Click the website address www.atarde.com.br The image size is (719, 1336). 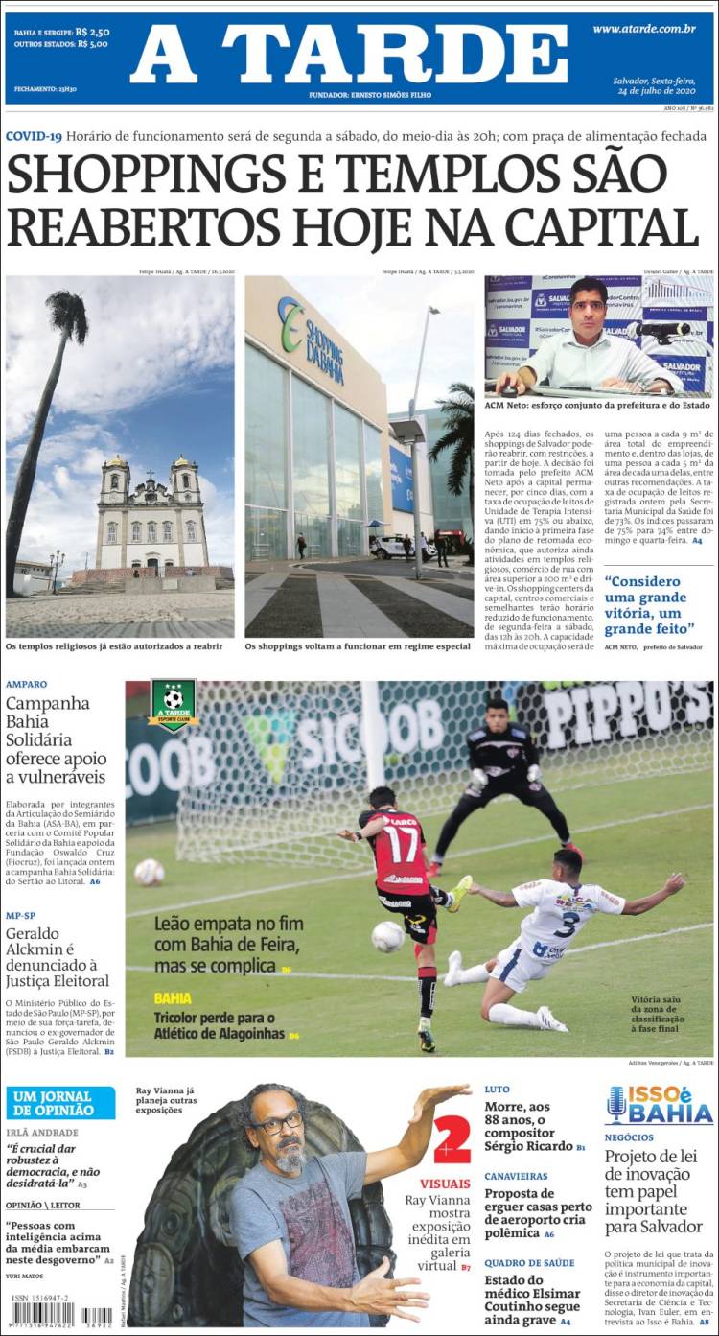click(x=643, y=30)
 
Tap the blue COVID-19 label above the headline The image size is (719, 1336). click(x=34, y=136)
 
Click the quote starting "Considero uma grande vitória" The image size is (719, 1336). click(x=649, y=604)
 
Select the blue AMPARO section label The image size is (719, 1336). click(x=26, y=685)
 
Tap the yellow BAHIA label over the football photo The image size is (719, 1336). click(x=173, y=998)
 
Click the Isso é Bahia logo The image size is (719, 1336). click(x=660, y=1105)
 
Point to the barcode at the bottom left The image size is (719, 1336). click(x=43, y=1315)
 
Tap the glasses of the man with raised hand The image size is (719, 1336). click(x=278, y=1123)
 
